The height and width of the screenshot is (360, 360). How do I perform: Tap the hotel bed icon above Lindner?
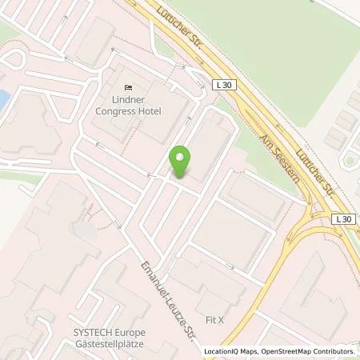[x=127, y=87]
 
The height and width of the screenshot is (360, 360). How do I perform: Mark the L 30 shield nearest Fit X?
[x=342, y=218]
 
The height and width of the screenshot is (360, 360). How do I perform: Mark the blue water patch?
[x=4, y=100]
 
